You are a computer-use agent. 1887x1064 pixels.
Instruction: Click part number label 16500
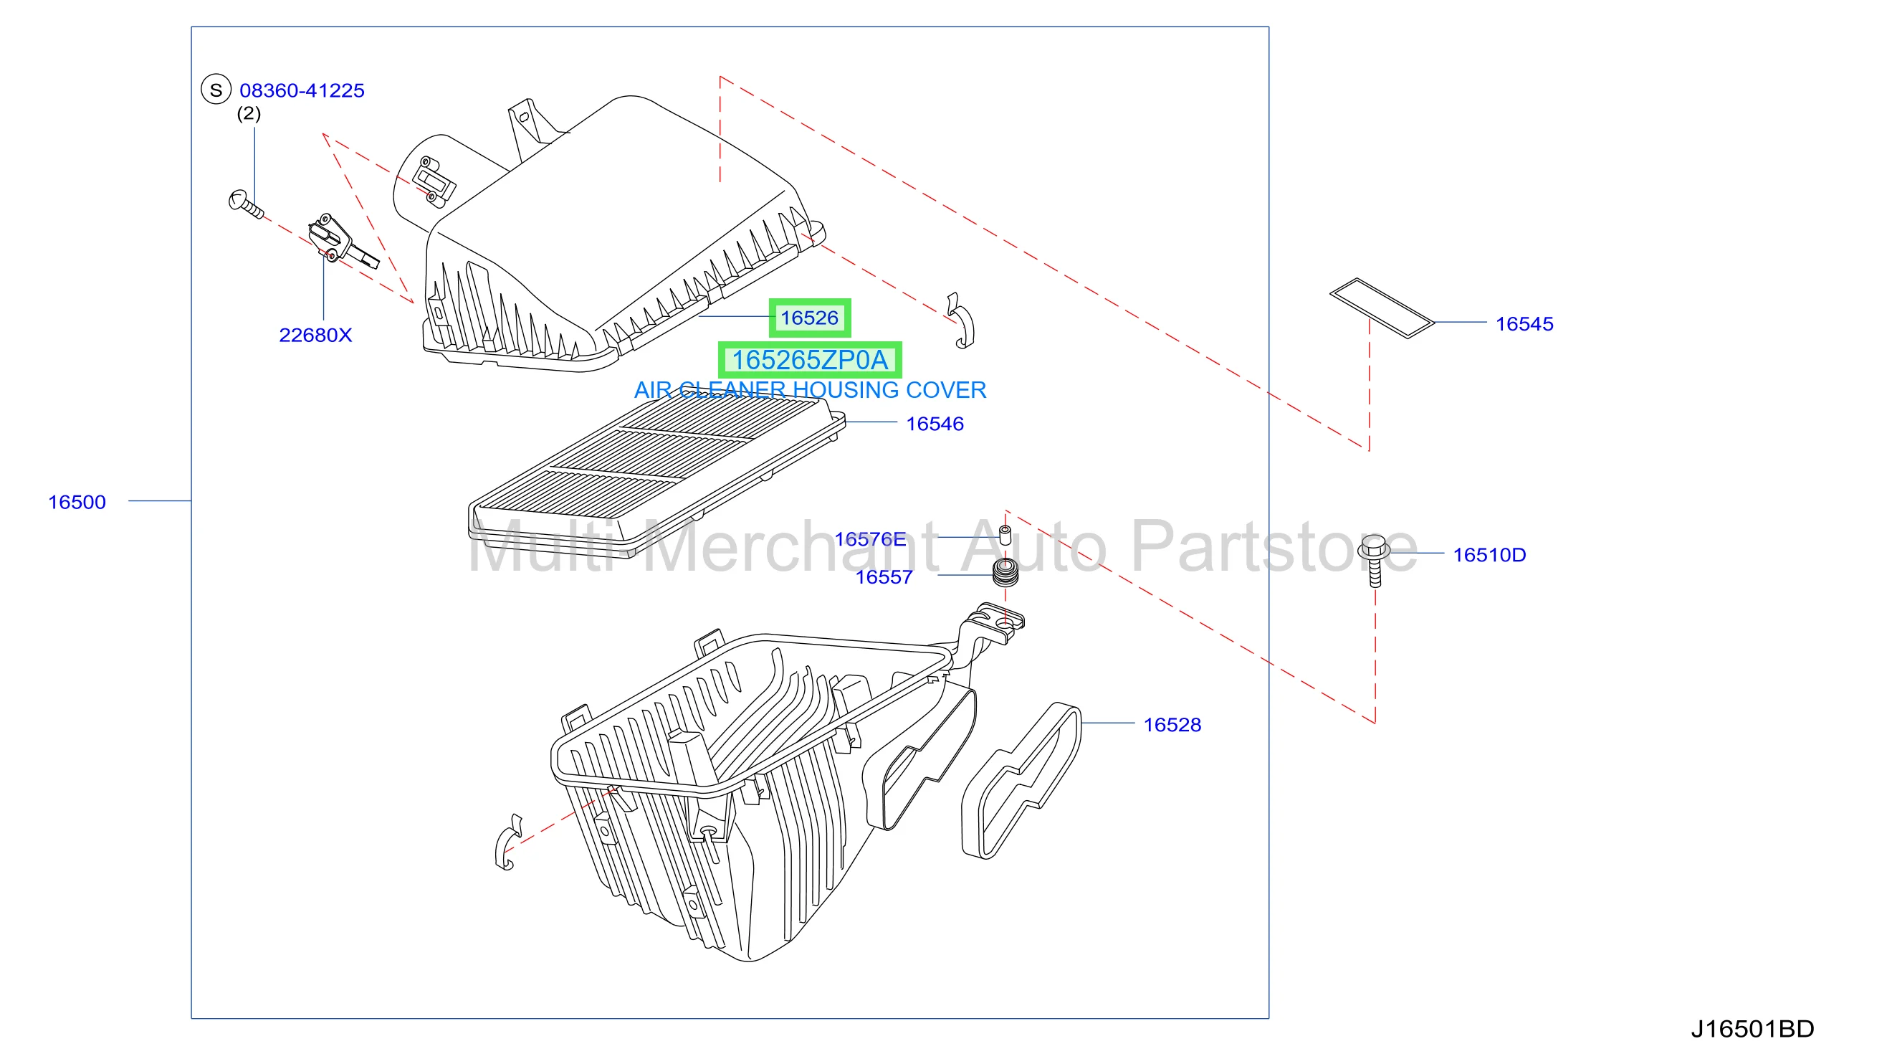click(x=77, y=503)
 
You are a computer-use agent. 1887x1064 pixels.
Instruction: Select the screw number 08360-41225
click(x=302, y=91)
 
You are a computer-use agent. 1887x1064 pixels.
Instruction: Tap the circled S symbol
click(x=216, y=90)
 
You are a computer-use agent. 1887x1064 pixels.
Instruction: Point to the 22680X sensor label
click(x=316, y=336)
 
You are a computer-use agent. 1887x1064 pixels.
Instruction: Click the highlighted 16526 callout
click(x=809, y=318)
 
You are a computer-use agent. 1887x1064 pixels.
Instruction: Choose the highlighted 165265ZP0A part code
click(x=810, y=361)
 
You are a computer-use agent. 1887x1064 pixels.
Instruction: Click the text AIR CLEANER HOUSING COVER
click(x=810, y=391)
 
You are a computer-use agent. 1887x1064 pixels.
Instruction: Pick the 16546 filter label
click(x=935, y=424)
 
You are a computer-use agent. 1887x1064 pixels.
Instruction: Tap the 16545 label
click(x=1524, y=324)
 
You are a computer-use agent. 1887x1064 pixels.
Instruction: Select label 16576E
click(x=870, y=539)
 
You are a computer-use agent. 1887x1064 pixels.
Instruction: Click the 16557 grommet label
click(x=884, y=577)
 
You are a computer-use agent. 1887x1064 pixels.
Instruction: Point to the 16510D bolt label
click(x=1489, y=556)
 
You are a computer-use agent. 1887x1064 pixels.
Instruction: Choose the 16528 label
click(x=1172, y=726)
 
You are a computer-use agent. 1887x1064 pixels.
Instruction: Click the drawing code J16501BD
click(x=1752, y=1030)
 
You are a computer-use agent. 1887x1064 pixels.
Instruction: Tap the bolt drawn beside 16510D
click(x=1375, y=561)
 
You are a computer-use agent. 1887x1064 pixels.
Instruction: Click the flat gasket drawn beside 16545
click(x=1382, y=308)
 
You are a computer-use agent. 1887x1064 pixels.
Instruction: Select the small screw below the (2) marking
click(x=245, y=204)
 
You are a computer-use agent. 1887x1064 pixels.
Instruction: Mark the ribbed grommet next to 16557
click(x=1005, y=573)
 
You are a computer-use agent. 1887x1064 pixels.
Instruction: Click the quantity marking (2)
click(x=249, y=113)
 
